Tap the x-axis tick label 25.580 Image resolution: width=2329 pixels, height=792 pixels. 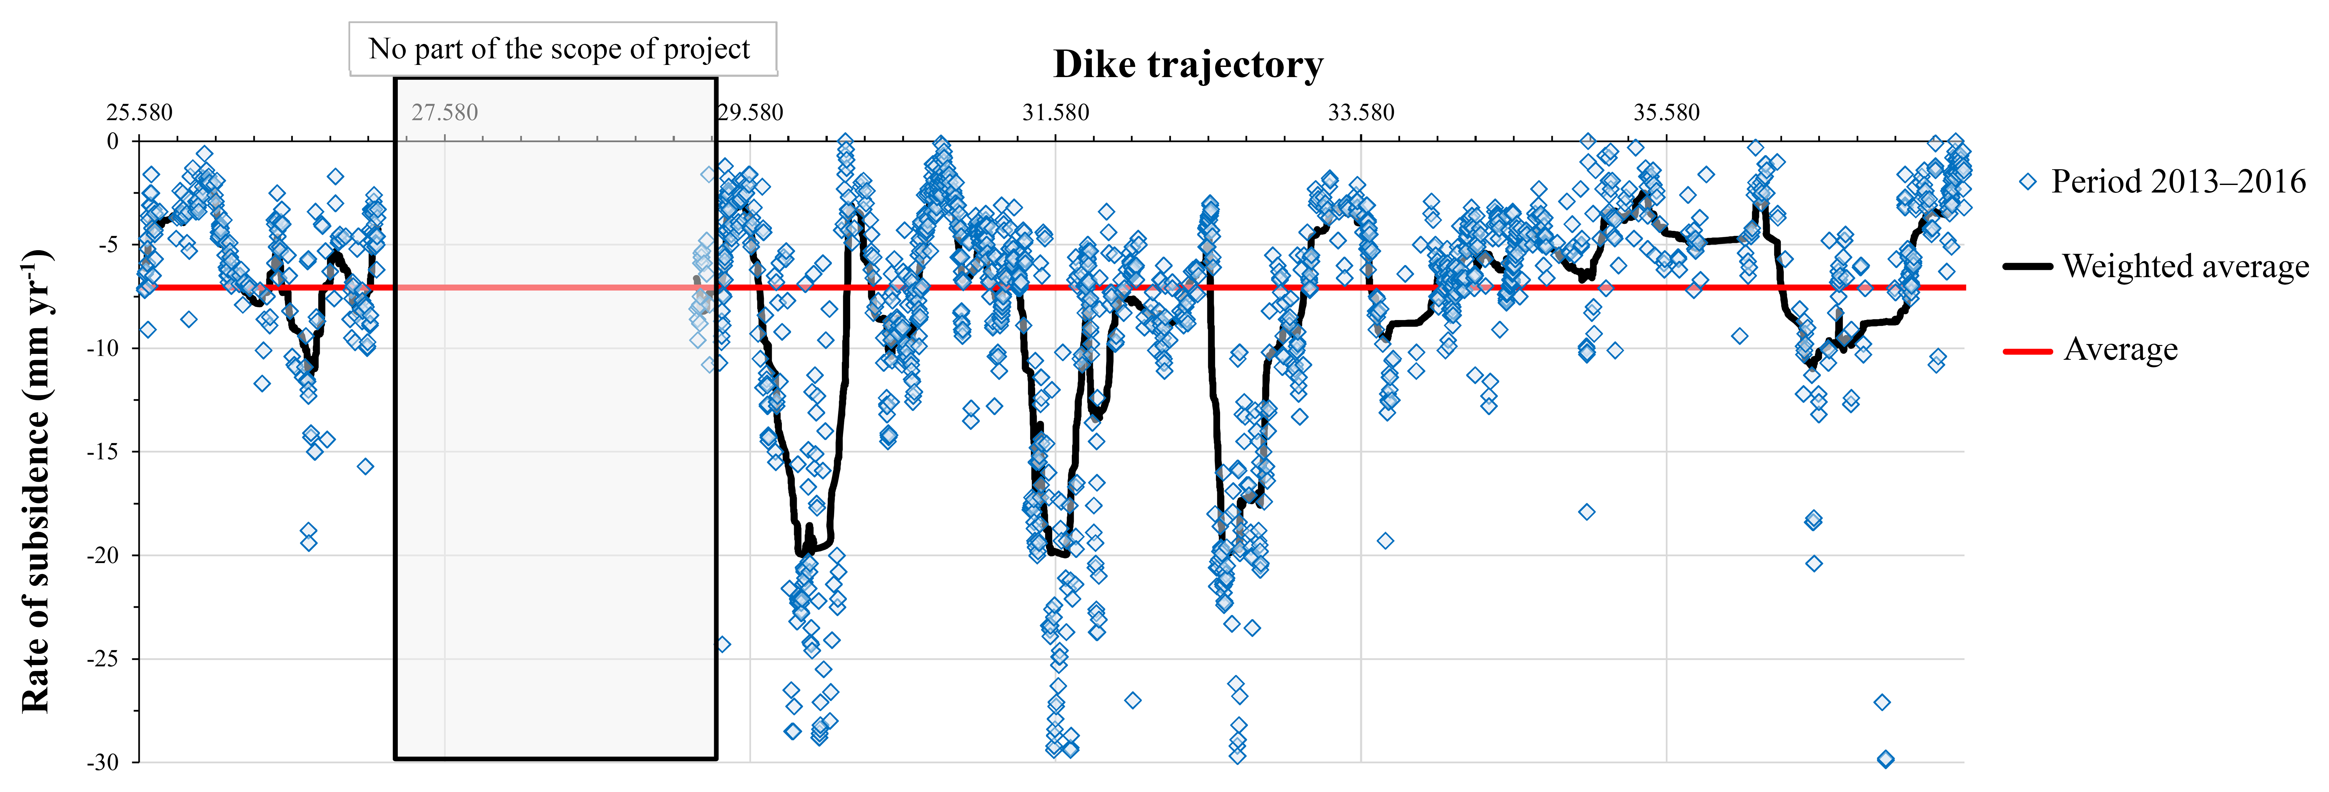click(139, 113)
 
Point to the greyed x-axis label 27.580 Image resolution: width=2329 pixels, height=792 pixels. click(445, 113)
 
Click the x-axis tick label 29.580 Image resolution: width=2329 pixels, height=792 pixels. click(750, 113)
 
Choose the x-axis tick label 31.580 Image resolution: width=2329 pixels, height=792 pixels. click(1056, 113)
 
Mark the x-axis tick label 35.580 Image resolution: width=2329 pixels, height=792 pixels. click(1666, 113)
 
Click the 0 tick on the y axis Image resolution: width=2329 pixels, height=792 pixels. click(113, 141)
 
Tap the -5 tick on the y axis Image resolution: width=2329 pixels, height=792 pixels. click(107, 245)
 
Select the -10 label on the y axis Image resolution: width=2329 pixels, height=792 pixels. click(102, 348)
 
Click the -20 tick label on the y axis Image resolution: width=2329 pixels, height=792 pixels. click(102, 555)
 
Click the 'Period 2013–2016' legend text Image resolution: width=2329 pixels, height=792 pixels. click(2178, 182)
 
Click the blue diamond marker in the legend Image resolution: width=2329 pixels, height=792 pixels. click(2028, 182)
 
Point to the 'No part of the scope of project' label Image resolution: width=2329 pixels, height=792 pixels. click(560, 49)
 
